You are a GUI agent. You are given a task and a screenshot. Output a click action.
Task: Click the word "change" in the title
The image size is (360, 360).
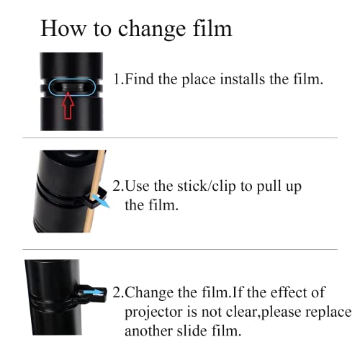(x=152, y=30)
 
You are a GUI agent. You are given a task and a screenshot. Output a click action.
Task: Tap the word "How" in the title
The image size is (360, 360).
(x=63, y=28)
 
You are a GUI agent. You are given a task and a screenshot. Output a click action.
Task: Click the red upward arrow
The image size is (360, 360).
(x=68, y=106)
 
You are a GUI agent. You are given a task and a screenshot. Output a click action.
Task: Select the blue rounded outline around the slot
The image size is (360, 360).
(x=72, y=87)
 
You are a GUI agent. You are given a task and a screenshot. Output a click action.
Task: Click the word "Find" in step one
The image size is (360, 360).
(x=139, y=78)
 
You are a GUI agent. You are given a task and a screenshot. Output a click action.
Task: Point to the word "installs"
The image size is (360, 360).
(x=243, y=78)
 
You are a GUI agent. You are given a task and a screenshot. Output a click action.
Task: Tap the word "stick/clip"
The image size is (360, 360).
(x=207, y=186)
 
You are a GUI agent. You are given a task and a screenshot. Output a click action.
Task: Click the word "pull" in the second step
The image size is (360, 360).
(x=267, y=187)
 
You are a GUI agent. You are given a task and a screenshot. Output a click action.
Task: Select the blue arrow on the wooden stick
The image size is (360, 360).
(x=101, y=201)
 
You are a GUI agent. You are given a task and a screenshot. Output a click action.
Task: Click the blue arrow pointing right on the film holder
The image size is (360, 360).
(x=94, y=292)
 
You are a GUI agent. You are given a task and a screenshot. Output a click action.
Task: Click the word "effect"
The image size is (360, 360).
(x=287, y=292)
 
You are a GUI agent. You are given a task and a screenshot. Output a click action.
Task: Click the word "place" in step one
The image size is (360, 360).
(x=199, y=80)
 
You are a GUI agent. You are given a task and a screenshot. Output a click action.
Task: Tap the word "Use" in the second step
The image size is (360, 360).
(x=137, y=186)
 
